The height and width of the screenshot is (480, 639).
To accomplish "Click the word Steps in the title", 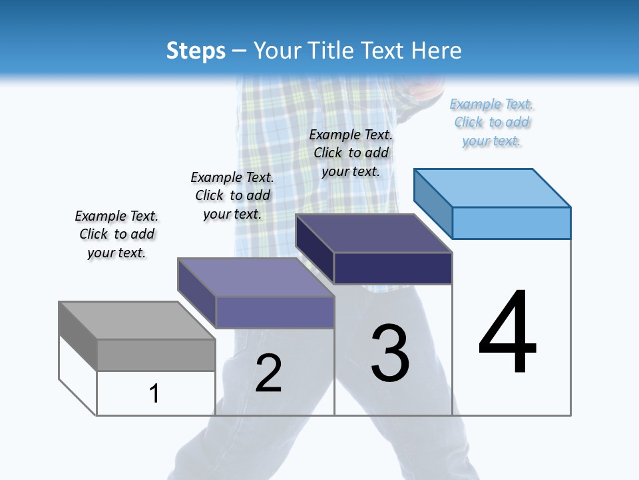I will tap(196, 51).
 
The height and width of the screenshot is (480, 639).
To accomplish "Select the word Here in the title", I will tap(437, 51).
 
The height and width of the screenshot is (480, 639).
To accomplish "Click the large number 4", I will tap(507, 333).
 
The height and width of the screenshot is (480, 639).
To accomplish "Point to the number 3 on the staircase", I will tap(390, 353).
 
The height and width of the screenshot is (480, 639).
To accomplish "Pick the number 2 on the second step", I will tap(269, 373).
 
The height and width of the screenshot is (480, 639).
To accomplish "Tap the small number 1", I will tap(154, 393).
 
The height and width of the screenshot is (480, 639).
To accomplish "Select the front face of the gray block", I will tap(156, 355).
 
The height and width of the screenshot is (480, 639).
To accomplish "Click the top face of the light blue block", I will tap(493, 187).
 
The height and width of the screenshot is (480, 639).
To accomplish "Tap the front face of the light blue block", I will tap(511, 223).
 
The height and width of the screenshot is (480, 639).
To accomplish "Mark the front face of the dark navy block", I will tap(393, 268).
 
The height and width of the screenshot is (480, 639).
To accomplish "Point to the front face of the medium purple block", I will tap(274, 312).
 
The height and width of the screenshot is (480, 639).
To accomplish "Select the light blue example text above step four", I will tap(491, 123).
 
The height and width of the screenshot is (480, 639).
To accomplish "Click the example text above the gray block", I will tap(116, 234).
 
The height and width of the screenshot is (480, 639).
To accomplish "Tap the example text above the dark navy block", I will tap(351, 153).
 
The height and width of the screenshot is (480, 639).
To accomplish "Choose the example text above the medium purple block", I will tap(232, 195).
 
